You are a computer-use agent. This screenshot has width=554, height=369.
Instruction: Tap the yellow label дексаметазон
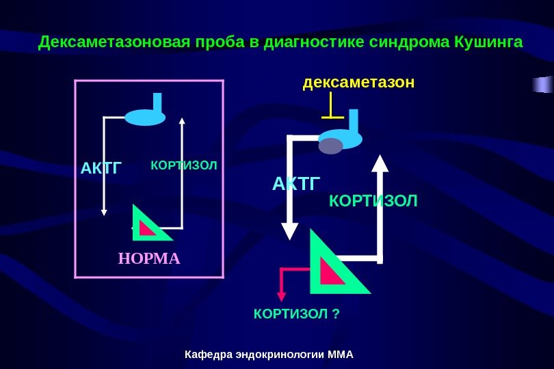coord(358,83)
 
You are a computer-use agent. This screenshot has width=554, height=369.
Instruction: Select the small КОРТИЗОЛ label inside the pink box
coord(183,166)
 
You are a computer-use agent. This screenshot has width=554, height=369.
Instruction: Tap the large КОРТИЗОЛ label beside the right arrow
coord(373,201)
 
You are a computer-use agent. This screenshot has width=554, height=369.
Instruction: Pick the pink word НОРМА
coord(149,259)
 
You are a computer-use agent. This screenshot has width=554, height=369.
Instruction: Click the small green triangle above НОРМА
coord(150,225)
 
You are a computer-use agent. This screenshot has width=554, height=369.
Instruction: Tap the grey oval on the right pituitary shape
coord(331,146)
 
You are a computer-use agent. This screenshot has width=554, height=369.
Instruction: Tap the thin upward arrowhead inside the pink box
coord(182,122)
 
